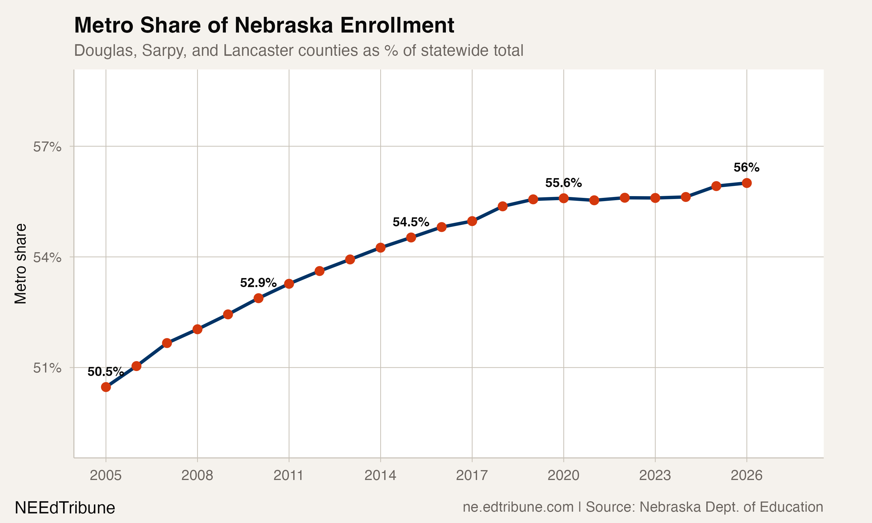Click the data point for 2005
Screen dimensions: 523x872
click(106, 387)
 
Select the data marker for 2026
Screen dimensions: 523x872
click(746, 183)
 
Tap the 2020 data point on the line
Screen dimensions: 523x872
click(564, 198)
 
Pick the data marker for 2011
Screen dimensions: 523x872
click(289, 284)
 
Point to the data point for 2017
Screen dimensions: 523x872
click(472, 221)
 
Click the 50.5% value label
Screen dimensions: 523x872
click(106, 371)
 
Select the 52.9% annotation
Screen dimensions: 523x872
click(258, 283)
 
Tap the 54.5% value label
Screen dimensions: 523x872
click(411, 222)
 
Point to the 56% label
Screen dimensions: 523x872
click(746, 167)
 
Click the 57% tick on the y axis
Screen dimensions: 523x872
click(47, 147)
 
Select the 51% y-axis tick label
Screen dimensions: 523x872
click(47, 368)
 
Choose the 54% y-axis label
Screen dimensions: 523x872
click(47, 257)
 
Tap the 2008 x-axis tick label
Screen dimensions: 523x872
click(197, 475)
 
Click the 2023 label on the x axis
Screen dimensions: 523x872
click(655, 475)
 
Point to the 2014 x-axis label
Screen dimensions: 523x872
click(380, 475)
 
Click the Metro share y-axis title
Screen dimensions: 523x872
click(20, 264)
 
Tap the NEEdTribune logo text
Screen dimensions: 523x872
click(65, 508)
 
